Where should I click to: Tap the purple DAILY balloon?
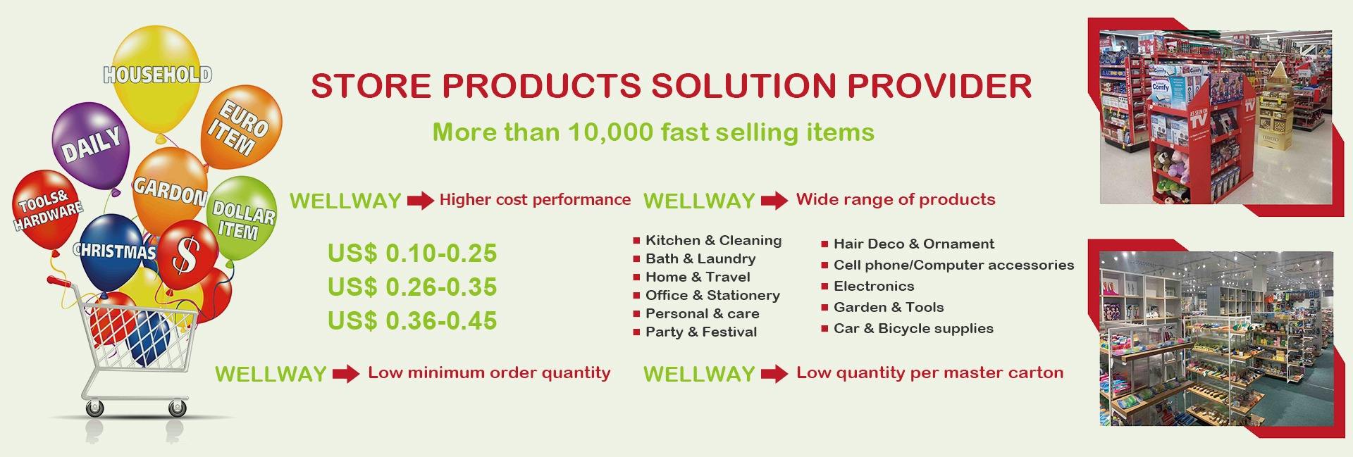(x=90, y=145)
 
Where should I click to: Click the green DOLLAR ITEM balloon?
(x=242, y=218)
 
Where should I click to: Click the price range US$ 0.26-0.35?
(x=412, y=287)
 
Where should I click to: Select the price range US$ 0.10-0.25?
(x=412, y=253)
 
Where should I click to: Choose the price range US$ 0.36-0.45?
(x=412, y=321)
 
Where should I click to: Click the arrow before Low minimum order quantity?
(x=346, y=374)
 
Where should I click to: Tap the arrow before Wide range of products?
(x=774, y=201)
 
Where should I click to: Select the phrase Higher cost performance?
(x=535, y=200)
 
